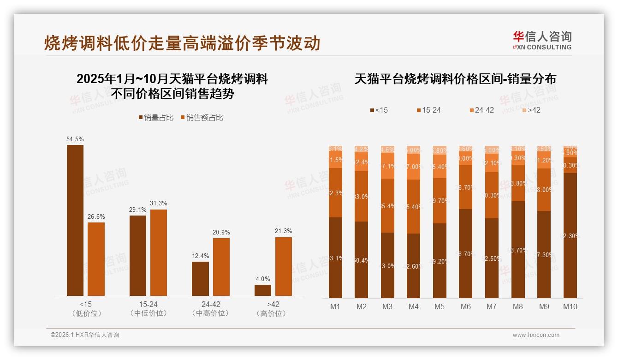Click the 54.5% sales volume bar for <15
(75, 220)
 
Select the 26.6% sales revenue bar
(96, 259)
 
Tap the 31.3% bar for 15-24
(159, 252)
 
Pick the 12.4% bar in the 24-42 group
(200, 279)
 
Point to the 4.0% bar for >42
(263, 290)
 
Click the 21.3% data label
(284, 231)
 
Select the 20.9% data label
(221, 232)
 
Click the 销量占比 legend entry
(156, 118)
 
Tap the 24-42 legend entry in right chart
(481, 110)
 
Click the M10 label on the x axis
(570, 306)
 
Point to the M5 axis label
(440, 306)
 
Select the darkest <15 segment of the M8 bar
(518, 249)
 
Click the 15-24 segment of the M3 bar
(387, 205)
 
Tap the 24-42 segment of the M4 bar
(414, 166)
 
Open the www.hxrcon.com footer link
(536, 335)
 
